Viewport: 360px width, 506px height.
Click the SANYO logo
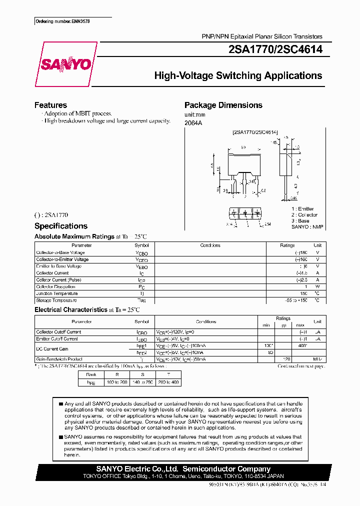click(65, 64)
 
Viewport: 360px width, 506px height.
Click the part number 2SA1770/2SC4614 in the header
click(275, 49)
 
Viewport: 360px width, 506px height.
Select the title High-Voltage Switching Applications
click(238, 76)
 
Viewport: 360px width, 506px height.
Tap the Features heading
click(50, 105)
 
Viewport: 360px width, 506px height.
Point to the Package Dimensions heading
click(223, 105)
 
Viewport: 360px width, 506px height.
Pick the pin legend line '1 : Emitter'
click(303, 209)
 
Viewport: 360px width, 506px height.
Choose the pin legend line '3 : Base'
click(301, 220)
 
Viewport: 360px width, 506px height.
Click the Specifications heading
click(61, 226)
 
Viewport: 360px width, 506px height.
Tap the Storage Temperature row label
click(56, 300)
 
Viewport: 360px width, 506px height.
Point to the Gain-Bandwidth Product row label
click(59, 359)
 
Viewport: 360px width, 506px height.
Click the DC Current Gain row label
click(52, 348)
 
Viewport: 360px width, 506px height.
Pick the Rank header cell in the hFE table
click(91, 374)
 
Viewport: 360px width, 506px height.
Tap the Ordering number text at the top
click(59, 21)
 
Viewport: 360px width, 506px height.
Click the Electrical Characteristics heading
click(71, 310)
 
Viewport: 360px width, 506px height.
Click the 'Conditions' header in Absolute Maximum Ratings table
click(210, 245)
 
